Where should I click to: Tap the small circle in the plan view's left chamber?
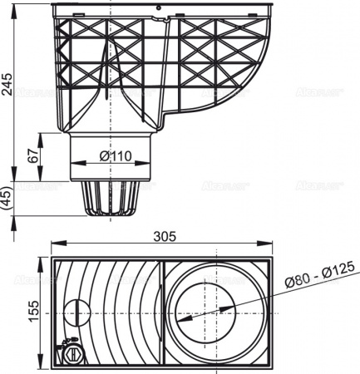[77, 313]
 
